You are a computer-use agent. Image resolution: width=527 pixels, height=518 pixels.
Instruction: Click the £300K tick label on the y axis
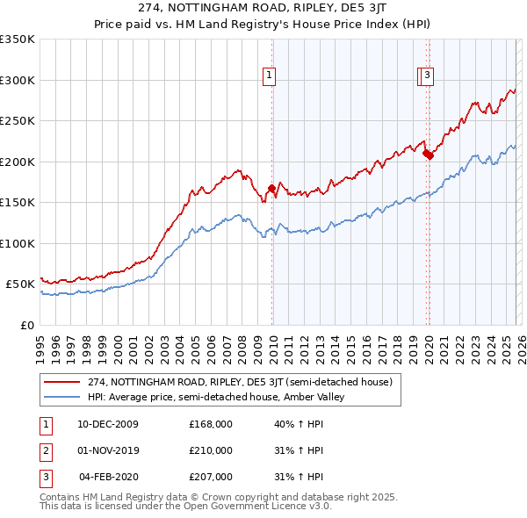point(18,80)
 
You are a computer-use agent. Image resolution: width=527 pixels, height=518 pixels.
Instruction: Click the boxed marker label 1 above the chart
point(268,76)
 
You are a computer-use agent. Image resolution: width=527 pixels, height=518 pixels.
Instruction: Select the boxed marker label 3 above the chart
point(427,76)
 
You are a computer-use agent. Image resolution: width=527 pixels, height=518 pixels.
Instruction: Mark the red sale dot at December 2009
point(271,187)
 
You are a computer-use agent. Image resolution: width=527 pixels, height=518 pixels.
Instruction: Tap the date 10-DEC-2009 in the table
point(108,424)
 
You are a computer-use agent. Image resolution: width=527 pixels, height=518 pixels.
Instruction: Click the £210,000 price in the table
point(210,450)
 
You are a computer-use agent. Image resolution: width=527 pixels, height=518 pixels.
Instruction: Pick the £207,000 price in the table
point(210,477)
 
